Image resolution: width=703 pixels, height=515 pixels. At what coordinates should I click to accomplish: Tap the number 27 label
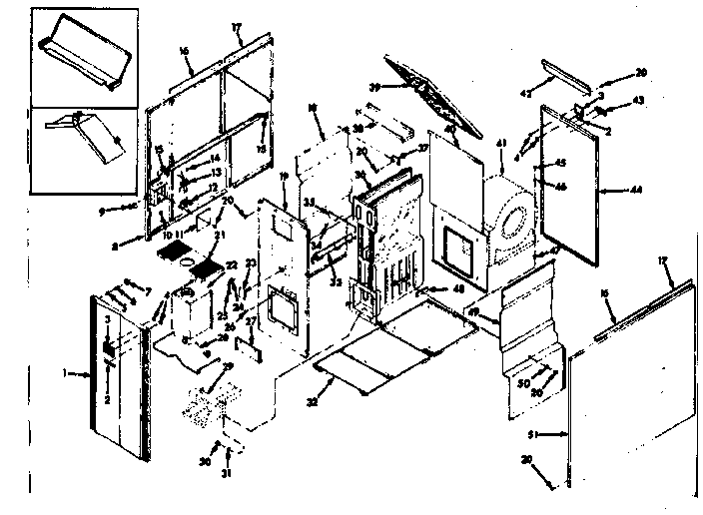[253, 320]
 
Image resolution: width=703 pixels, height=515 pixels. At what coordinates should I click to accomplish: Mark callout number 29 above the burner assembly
[228, 367]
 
